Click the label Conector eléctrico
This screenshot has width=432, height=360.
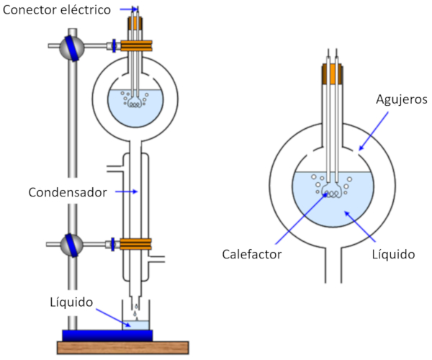click(56, 9)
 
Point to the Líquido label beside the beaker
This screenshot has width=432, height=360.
click(72, 302)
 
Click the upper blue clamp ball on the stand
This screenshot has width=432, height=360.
click(72, 48)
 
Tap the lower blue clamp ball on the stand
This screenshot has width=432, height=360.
click(72, 243)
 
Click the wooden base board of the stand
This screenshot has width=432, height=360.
click(122, 348)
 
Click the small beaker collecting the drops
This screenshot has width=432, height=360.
click(136, 323)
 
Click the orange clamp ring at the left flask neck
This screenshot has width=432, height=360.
click(136, 45)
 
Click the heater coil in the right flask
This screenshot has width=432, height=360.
click(332, 191)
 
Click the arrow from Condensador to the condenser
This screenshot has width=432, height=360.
click(127, 192)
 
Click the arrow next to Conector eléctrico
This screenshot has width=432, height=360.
click(127, 9)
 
